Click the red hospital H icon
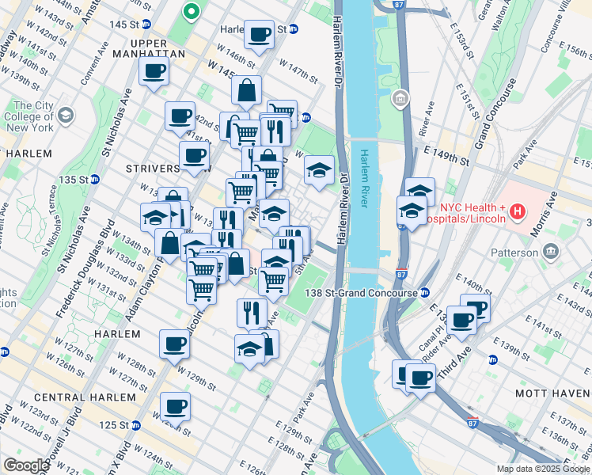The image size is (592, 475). (517, 211)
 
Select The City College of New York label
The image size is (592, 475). (32, 116)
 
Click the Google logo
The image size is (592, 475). (26, 465)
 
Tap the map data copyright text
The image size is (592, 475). (543, 469)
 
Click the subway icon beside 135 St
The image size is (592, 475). (94, 180)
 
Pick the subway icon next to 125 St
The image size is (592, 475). (135, 425)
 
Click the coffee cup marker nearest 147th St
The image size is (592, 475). (259, 35)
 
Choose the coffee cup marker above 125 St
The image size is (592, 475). (176, 406)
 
